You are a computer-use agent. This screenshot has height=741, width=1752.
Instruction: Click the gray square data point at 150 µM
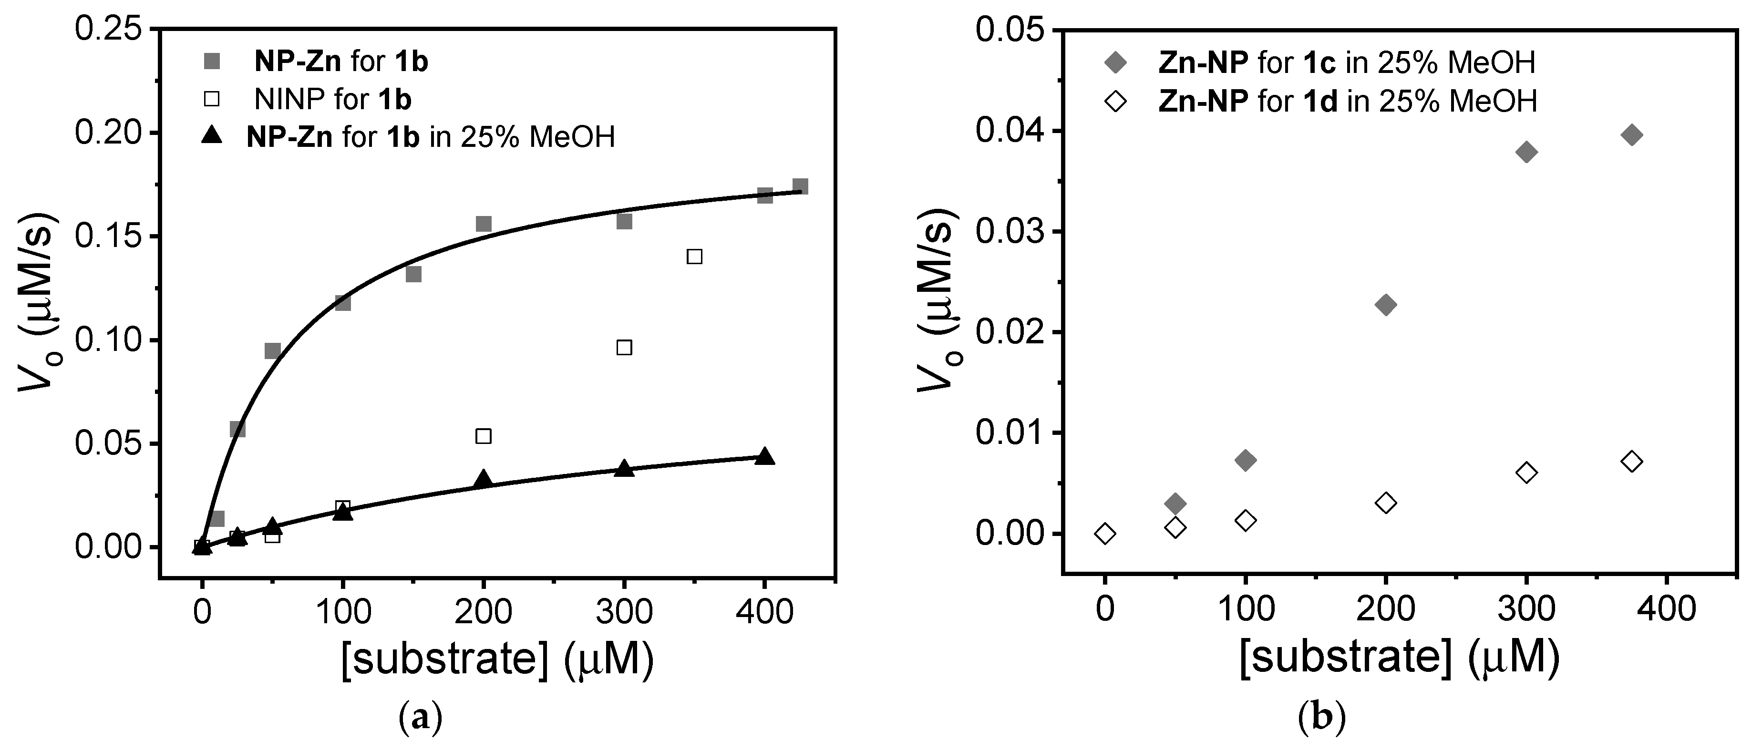pos(413,274)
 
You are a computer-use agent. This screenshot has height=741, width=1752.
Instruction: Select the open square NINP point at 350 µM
pos(694,256)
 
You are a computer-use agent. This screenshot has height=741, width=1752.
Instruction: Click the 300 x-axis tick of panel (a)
pos(624,612)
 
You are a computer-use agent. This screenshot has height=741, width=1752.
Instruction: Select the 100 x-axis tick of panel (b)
pos(1245,608)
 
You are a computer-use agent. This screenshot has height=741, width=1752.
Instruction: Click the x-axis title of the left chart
pos(497,659)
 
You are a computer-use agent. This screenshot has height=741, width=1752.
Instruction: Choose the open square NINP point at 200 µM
pos(484,436)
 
